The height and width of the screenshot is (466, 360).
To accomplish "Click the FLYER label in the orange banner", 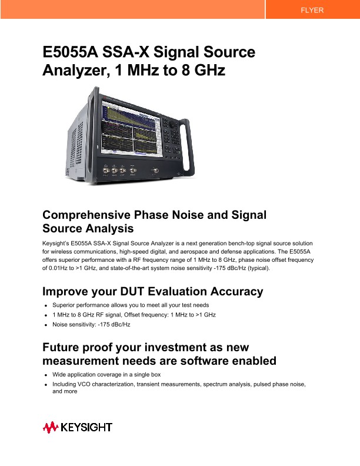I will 312,10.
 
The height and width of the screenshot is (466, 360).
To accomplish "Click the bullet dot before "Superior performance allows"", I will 46,306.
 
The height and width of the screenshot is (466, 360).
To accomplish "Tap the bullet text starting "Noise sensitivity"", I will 91,325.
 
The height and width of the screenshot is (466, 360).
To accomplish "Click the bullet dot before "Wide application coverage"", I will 46,375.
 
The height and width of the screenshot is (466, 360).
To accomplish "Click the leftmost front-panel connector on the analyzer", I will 106,171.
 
